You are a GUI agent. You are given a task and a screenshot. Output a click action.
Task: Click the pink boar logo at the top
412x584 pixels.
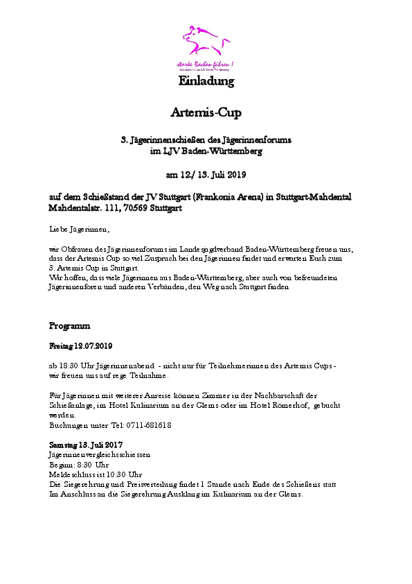point(205,42)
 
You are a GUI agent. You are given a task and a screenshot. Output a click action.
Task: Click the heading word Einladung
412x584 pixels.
point(206,81)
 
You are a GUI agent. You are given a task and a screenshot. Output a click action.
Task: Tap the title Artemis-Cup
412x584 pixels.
point(206,112)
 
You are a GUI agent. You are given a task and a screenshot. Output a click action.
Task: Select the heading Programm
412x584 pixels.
point(69,325)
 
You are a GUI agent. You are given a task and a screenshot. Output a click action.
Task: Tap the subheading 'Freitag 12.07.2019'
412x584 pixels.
point(80,345)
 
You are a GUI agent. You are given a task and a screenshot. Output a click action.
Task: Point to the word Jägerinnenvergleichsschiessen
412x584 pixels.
point(99,454)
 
